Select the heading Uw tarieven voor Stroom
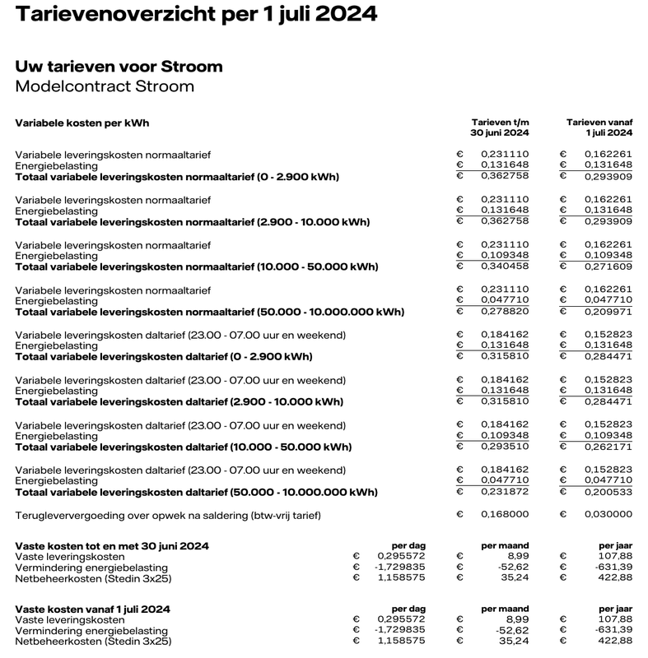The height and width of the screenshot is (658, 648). pyautogui.click(x=119, y=67)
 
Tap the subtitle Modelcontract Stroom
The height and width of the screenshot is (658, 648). pyautogui.click(x=105, y=86)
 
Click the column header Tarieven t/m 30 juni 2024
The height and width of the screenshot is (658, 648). pyautogui.click(x=500, y=127)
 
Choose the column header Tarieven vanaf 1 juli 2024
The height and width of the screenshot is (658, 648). pyautogui.click(x=599, y=127)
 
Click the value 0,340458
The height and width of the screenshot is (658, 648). pyautogui.click(x=505, y=266)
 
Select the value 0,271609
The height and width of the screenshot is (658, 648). pyautogui.click(x=608, y=266)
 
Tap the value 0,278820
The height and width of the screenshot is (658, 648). pyautogui.click(x=505, y=312)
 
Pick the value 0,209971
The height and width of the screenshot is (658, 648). pyautogui.click(x=608, y=312)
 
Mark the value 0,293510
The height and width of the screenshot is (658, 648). pyautogui.click(x=505, y=447)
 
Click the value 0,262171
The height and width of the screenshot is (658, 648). pyautogui.click(x=608, y=447)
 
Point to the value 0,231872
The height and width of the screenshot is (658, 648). pyautogui.click(x=505, y=493)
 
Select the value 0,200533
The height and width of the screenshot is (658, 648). pyautogui.click(x=608, y=493)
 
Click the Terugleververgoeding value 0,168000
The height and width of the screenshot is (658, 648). pyautogui.click(x=505, y=515)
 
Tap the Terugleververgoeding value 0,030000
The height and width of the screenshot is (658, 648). pyautogui.click(x=608, y=515)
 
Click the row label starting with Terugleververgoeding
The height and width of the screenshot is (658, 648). pyautogui.click(x=168, y=515)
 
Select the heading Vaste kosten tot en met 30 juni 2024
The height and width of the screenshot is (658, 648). pyautogui.click(x=112, y=545)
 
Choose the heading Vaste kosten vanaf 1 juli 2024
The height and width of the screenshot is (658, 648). pyautogui.click(x=93, y=609)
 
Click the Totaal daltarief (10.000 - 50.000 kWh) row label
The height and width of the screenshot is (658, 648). pyautogui.click(x=184, y=447)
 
